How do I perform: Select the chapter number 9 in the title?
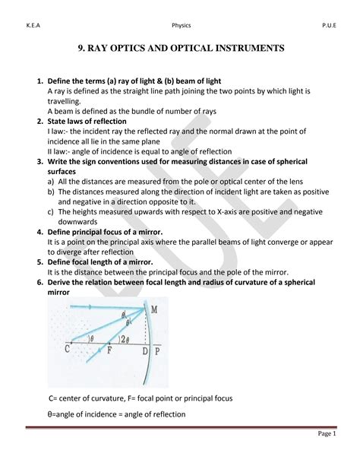(81, 48)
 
